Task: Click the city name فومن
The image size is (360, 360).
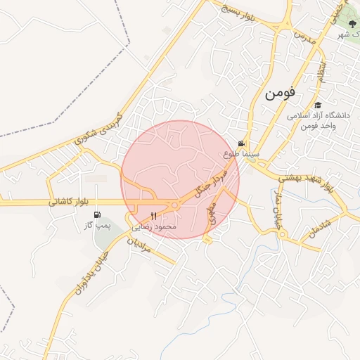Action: click(x=281, y=94)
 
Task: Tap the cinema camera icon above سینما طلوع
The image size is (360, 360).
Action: click(x=242, y=143)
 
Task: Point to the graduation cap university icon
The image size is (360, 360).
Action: click(x=318, y=105)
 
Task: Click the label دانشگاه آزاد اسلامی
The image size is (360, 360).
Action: click(x=319, y=115)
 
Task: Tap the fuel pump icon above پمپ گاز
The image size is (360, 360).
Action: click(x=96, y=215)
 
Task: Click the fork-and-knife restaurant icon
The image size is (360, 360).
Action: click(x=154, y=216)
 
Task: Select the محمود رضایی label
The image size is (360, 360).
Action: click(x=157, y=226)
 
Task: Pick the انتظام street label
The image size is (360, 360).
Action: click(x=321, y=71)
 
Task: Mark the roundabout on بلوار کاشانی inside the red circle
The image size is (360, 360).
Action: click(x=174, y=205)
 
